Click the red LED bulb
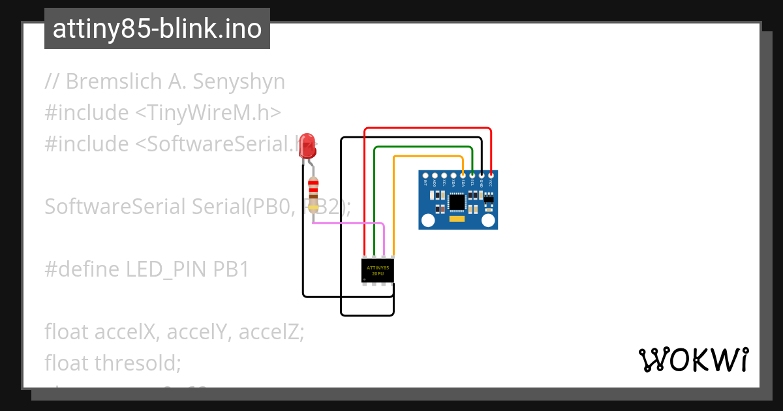click(x=307, y=145)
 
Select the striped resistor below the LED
click(x=313, y=194)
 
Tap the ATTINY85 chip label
click(x=378, y=271)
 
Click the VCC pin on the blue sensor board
click(x=491, y=175)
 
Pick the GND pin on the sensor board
click(x=482, y=175)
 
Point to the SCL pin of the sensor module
click(x=472, y=175)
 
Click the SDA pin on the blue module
click(x=463, y=175)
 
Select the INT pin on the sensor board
click(x=425, y=175)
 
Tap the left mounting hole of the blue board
click(x=428, y=221)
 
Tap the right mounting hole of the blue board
click(x=488, y=221)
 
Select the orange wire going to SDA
click(x=427, y=157)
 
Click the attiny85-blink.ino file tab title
click(x=157, y=29)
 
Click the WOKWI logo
click(x=693, y=360)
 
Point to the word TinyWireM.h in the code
click(x=207, y=113)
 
